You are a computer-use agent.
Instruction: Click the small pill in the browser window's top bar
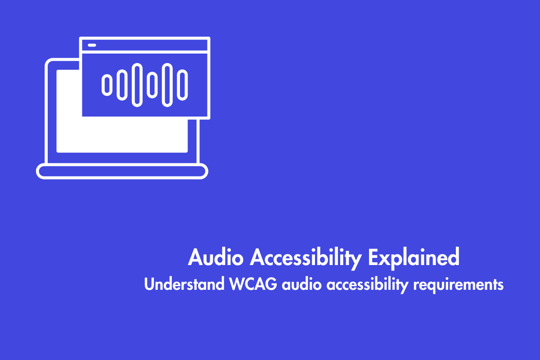(92, 45)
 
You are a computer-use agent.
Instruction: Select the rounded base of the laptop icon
(122, 171)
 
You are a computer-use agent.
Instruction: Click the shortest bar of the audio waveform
(107, 85)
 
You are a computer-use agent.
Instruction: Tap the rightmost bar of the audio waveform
(182, 85)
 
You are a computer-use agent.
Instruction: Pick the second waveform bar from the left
(121, 85)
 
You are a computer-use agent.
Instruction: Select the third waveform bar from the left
(137, 85)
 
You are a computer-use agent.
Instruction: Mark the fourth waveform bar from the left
(152, 85)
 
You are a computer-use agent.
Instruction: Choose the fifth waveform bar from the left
(167, 85)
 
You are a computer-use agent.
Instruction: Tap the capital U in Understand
(149, 284)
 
